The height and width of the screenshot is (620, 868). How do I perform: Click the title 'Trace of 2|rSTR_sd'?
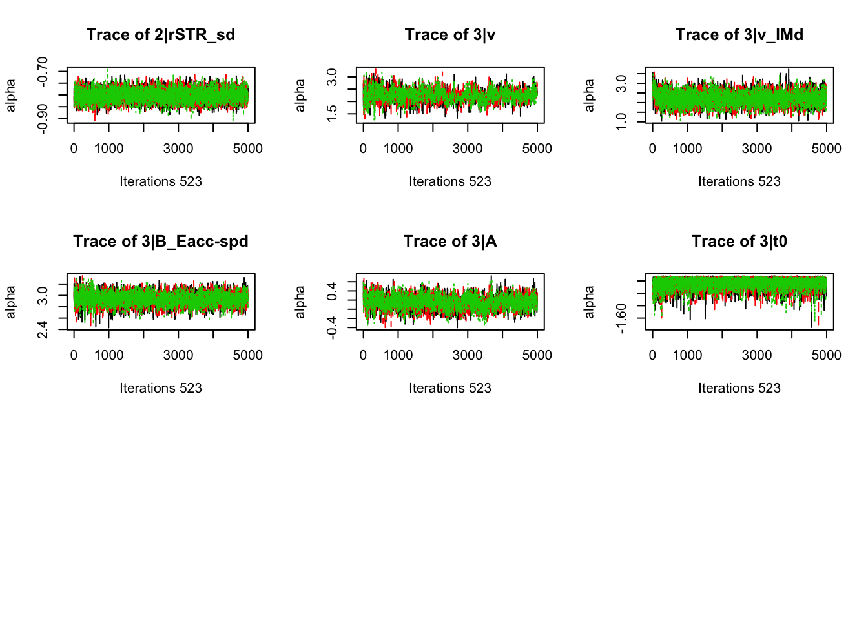tap(161, 35)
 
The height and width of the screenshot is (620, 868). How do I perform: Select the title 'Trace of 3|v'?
tap(450, 35)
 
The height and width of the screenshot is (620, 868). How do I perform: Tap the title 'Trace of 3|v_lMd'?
tap(739, 35)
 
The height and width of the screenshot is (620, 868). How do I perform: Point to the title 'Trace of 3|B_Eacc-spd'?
tap(161, 242)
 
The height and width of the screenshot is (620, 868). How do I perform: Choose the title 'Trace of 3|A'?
tap(450, 242)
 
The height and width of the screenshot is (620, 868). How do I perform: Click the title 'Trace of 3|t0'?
tap(739, 242)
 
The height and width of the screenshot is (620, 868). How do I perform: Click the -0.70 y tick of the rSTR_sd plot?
tap(43, 72)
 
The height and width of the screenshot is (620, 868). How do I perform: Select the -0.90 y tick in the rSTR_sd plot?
tap(43, 118)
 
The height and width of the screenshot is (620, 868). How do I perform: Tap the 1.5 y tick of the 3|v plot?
tap(332, 113)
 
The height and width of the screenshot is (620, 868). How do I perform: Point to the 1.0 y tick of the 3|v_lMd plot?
tap(621, 121)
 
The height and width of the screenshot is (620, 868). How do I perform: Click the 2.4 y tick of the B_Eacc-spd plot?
tap(43, 329)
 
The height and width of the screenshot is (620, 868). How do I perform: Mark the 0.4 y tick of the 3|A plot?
tap(332, 291)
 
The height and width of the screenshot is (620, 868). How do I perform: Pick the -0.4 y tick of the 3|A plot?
tap(332, 327)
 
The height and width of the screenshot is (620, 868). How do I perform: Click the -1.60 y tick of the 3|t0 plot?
tap(621, 318)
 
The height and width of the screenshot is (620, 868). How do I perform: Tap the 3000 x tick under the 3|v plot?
tap(468, 149)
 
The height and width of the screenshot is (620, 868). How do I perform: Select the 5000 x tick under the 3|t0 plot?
tap(826, 355)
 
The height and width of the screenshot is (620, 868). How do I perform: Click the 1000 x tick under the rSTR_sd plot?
tap(108, 149)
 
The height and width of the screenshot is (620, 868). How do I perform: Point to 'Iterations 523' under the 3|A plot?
tap(450, 388)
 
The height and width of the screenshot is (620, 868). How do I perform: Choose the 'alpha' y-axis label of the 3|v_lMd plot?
tap(589, 95)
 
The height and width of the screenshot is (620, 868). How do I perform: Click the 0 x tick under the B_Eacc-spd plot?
tap(74, 355)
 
